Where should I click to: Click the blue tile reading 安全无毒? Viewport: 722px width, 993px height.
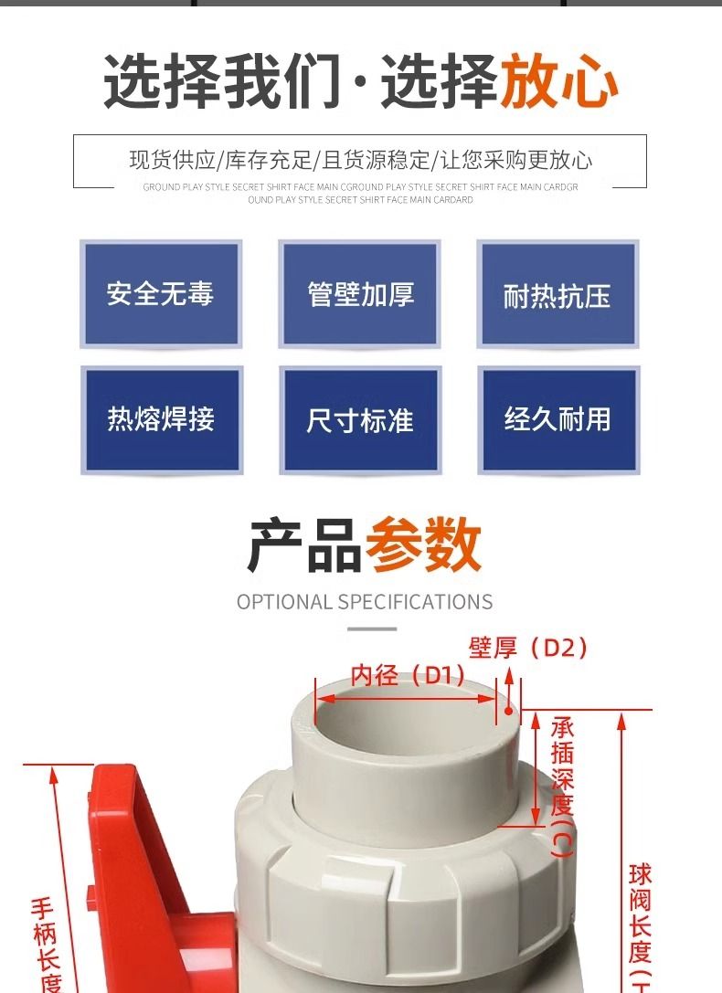coord(161,294)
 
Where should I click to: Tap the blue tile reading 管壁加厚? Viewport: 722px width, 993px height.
coord(360,294)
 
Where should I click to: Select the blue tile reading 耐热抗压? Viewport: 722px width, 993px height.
coord(557,294)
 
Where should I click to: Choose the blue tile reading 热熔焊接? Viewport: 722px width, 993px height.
coord(161,419)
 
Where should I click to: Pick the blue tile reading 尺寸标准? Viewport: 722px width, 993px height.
coord(360,419)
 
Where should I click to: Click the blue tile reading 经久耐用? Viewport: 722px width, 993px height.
coord(557,419)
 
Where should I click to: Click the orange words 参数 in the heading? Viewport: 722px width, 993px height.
coord(423,544)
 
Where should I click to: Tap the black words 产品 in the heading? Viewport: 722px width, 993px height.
coord(305,544)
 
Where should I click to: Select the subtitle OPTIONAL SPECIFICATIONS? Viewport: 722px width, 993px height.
coord(364,602)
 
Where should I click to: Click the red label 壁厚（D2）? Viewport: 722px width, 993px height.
coord(528,649)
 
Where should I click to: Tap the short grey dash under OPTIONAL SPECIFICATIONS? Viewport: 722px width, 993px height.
coord(372,629)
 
